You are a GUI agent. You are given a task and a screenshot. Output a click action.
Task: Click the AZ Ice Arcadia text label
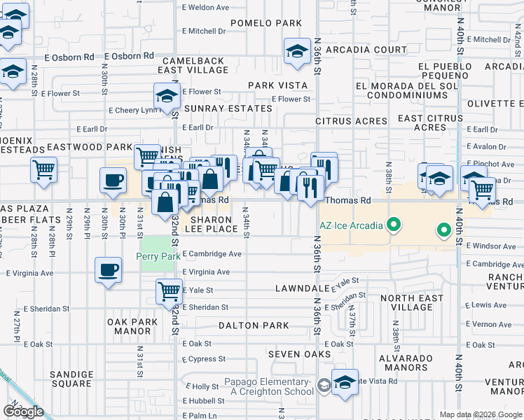[x=352, y=225]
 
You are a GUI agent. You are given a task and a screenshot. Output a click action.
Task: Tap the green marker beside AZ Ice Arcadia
[x=394, y=225]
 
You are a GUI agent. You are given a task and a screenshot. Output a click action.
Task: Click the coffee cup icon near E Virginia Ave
[x=108, y=270]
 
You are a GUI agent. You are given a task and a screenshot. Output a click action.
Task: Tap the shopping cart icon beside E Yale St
[x=169, y=290]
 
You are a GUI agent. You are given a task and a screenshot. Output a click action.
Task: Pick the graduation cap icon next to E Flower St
[x=167, y=97]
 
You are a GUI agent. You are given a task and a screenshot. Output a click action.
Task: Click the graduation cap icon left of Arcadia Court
[x=298, y=51]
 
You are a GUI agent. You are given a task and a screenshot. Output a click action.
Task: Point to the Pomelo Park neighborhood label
[x=266, y=23]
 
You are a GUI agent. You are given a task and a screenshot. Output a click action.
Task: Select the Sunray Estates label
[x=228, y=108]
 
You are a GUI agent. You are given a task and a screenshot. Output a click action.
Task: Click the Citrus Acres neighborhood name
[x=351, y=121]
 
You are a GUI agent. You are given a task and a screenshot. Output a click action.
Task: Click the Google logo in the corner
[x=23, y=411]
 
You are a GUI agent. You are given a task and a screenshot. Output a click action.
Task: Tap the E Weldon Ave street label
[x=206, y=8]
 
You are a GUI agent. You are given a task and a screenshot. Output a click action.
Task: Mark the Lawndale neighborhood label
[x=302, y=288]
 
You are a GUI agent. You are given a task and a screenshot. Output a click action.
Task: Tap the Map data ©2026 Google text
[x=480, y=414]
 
